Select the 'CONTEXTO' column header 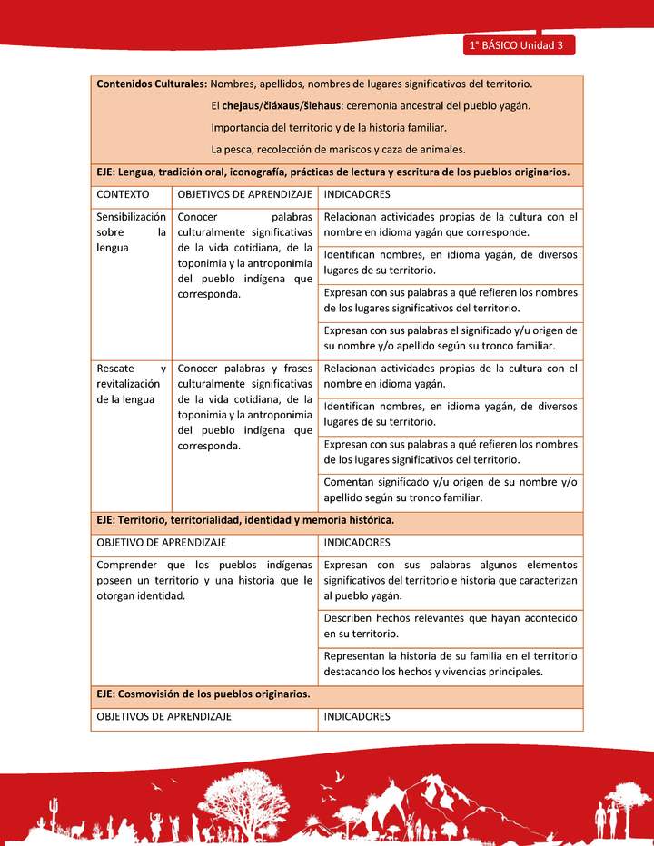coord(123,195)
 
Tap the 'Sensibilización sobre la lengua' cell coord(131,231)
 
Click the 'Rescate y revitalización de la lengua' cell coord(131,384)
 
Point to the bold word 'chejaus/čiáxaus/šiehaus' coord(282,105)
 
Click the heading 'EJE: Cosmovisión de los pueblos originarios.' coord(203,694)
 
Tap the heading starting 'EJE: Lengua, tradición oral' coord(332,172)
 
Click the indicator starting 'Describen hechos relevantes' coord(450,625)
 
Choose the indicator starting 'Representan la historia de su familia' coord(450,664)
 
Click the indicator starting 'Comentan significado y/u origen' coord(450,489)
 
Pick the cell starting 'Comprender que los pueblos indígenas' coord(203,580)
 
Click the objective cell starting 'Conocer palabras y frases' coord(244,407)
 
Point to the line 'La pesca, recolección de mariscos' coord(338,149)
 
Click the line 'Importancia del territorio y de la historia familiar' coord(328,127)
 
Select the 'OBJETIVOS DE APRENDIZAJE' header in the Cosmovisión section coord(164,717)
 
